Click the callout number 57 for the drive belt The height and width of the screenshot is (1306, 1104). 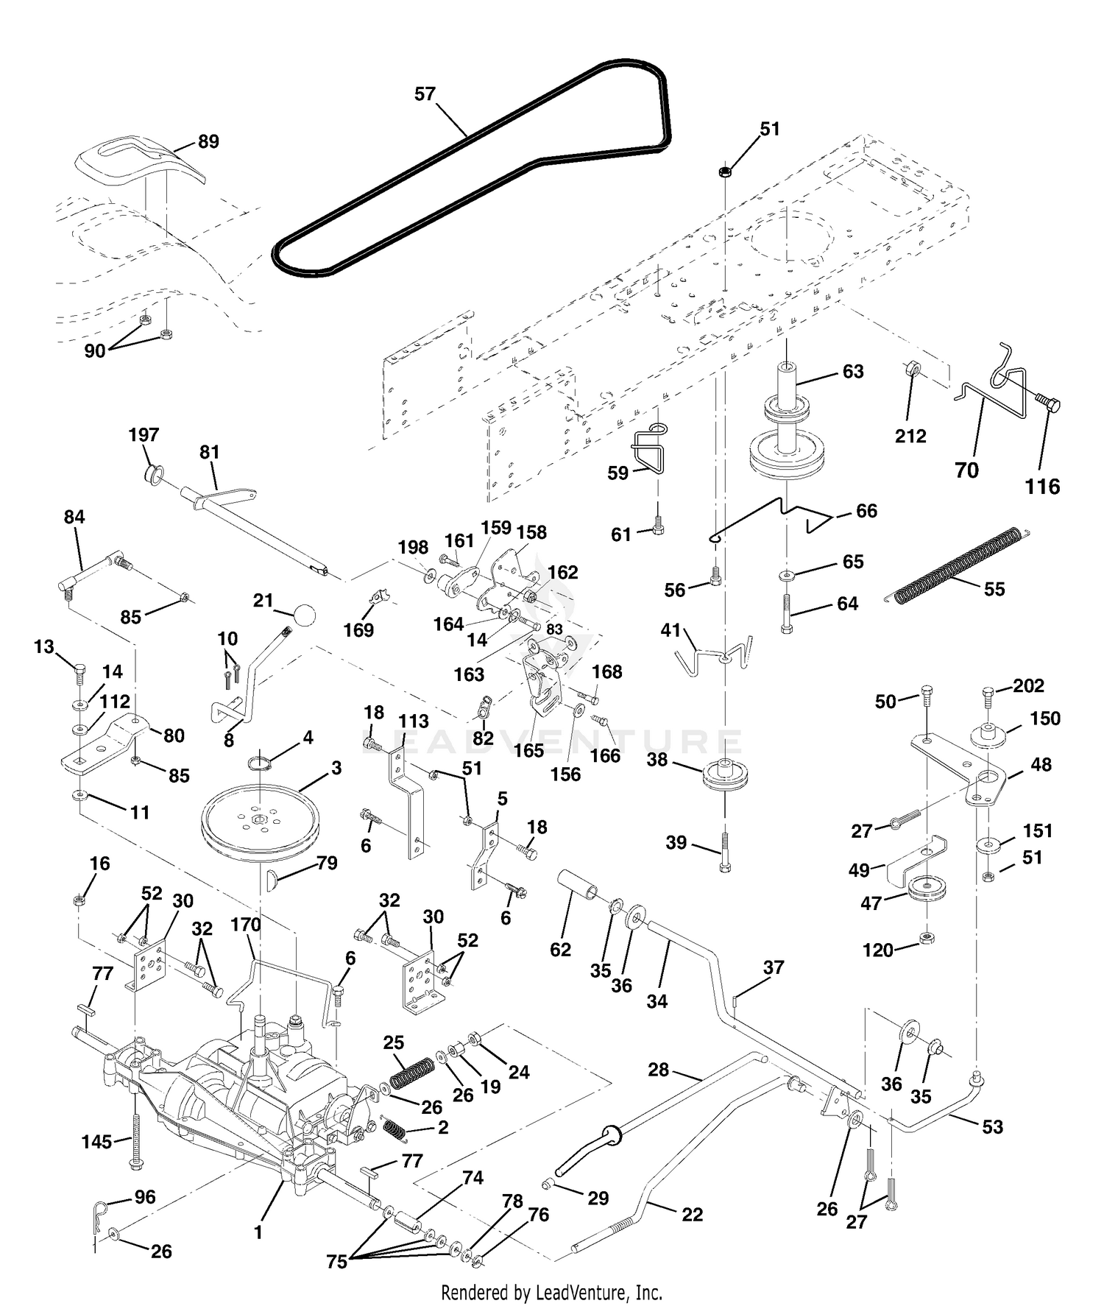pos(425,94)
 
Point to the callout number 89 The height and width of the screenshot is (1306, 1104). pos(209,141)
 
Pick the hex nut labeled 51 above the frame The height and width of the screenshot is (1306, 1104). pos(724,172)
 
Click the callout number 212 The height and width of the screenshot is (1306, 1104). pos(910,436)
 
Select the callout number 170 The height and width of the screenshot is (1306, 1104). pos(245,925)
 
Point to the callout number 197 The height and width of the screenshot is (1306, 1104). pos(144,434)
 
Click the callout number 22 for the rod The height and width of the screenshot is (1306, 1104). pos(693,1214)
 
